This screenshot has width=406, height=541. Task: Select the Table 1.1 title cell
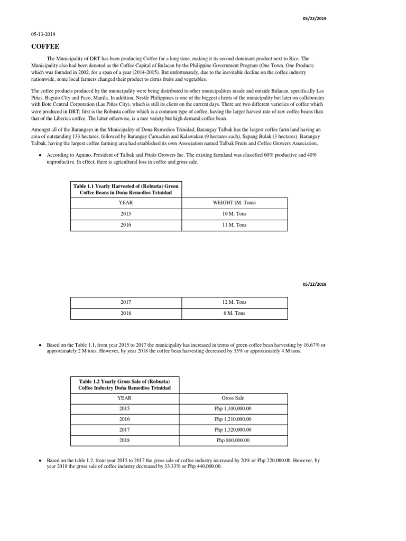point(126,190)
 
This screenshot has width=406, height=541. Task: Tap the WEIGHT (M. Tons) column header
point(234,203)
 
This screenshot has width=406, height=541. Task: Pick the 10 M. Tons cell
point(234,214)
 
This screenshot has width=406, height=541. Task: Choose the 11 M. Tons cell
point(234,225)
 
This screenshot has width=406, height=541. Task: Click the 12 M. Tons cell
point(234,302)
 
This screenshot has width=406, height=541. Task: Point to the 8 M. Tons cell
point(234,313)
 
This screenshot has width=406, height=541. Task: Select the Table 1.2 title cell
point(126,384)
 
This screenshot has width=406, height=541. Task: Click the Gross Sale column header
point(233,398)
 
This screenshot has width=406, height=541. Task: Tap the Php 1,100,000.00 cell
point(233,408)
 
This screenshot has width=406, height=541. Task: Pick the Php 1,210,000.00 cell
point(233,419)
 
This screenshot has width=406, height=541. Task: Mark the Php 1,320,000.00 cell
point(233,430)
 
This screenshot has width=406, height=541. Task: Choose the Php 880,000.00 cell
point(233,440)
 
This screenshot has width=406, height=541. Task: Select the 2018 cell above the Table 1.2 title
point(126,313)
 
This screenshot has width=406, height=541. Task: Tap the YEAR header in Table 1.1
point(126,203)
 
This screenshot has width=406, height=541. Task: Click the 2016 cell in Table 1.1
point(126,225)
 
